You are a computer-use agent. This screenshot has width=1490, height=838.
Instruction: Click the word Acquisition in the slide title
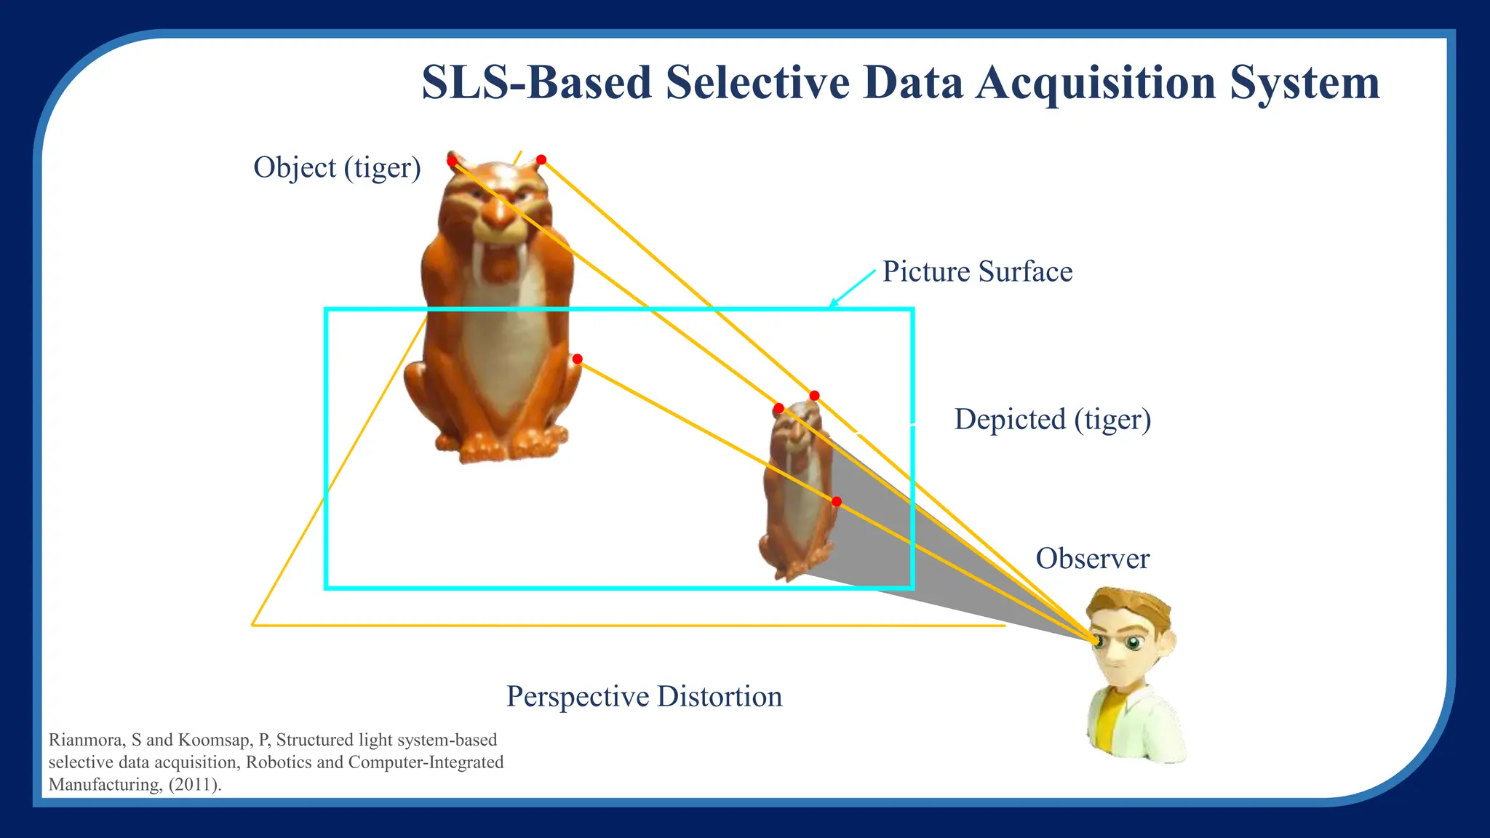pos(1096,83)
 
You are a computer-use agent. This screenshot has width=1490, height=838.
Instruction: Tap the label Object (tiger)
pos(337,168)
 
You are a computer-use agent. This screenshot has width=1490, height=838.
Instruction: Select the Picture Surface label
pos(977,272)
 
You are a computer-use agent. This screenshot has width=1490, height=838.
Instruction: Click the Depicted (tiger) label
pos(1052,420)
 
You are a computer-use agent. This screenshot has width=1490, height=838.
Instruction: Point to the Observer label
pos(1092,559)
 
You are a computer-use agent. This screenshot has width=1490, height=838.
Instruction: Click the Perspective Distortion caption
pos(644,697)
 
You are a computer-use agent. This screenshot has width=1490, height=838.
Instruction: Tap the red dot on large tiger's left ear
pos(452,160)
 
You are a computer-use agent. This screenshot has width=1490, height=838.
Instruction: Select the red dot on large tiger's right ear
pos(541,159)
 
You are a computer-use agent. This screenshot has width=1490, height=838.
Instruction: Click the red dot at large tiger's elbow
pos(577,359)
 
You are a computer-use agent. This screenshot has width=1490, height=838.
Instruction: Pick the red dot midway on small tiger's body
pos(837,502)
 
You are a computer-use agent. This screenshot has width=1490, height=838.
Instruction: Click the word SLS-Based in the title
pos(536,83)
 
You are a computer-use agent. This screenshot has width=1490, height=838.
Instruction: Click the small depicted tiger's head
pos(797,426)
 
